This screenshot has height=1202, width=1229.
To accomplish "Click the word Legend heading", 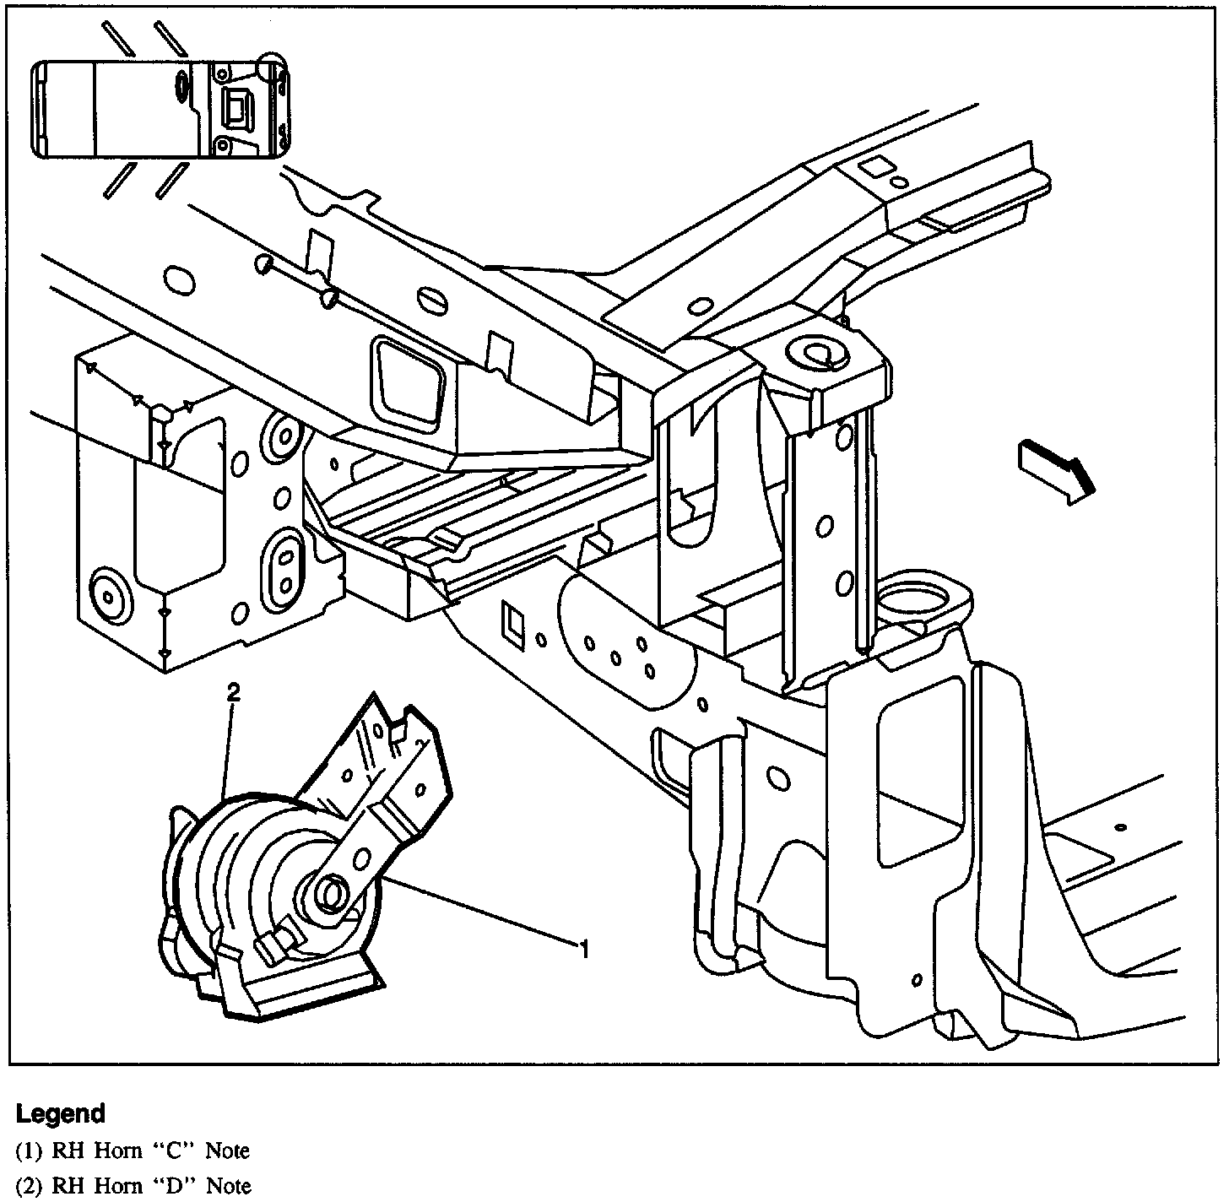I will point(61,1114).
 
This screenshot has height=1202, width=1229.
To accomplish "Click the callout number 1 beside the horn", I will point(582,950).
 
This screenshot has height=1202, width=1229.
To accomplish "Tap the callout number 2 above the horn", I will point(234,693).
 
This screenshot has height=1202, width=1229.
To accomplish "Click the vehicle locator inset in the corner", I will point(160,109).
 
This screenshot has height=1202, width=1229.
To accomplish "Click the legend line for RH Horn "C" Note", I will point(133,1151).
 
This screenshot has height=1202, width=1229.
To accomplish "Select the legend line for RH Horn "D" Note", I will point(133,1185).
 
